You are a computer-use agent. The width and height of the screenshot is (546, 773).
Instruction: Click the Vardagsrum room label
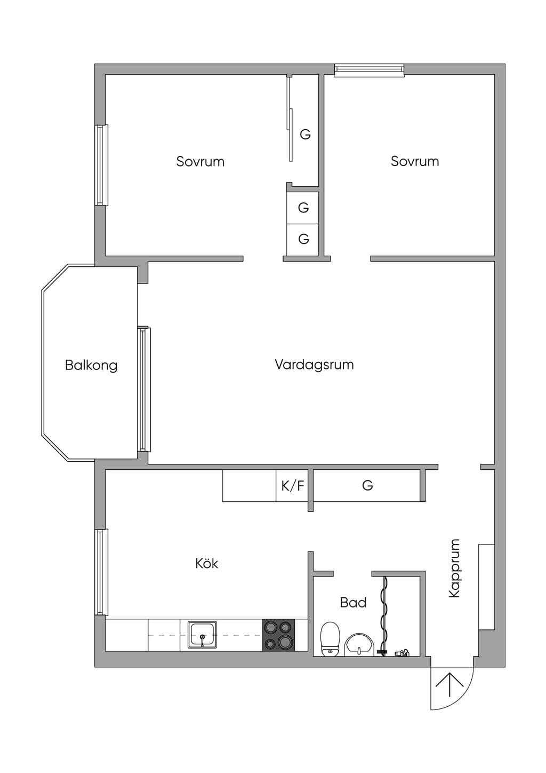315,365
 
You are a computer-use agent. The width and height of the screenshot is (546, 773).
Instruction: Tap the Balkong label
91,365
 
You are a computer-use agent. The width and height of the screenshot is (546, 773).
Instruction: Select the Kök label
207,563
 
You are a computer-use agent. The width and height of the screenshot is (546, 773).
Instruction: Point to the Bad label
353,603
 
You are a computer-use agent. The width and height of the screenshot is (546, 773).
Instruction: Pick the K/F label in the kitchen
293,486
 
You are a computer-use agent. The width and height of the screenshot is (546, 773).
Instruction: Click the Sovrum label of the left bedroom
200,162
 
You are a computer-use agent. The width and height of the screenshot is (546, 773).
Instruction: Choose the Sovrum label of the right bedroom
415,162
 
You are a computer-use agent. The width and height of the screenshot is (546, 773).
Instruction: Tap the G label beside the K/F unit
367,486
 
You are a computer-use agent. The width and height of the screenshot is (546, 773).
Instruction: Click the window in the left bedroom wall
102,165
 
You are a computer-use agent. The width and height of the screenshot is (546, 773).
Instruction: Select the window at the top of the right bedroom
369,69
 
